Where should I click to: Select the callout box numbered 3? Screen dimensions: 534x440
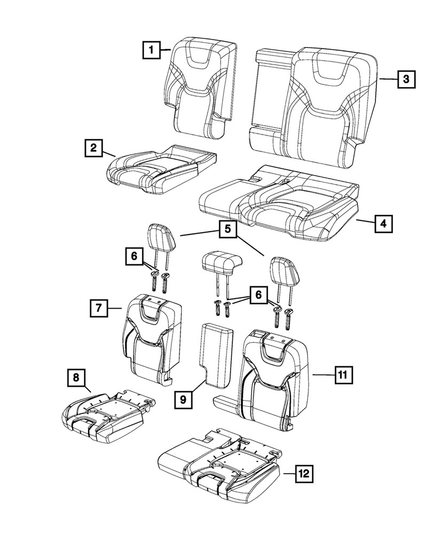406,80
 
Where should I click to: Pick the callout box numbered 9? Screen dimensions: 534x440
183,399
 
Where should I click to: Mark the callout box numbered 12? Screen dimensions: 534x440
303,473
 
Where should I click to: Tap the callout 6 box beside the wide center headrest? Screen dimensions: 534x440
258,294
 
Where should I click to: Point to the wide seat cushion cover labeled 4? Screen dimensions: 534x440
278,206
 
